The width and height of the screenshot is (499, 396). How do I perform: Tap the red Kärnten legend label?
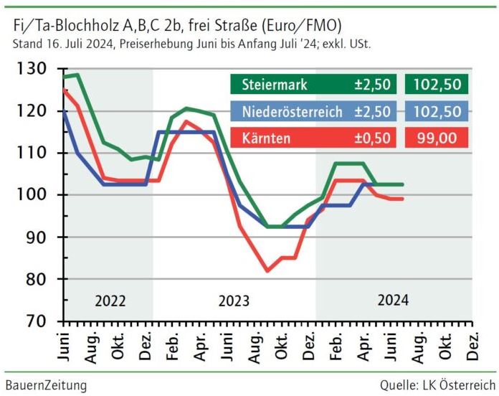click(265, 138)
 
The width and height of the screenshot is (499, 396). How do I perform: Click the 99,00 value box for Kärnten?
click(435, 138)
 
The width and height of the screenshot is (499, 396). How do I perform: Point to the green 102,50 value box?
click(435, 85)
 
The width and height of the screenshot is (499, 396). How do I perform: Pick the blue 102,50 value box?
click(435, 111)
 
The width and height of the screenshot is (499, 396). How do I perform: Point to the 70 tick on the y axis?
click(36, 321)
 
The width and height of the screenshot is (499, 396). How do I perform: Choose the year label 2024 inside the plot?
click(394, 301)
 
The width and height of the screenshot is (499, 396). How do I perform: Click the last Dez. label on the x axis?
click(473, 346)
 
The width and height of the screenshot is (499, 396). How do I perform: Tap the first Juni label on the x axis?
click(64, 346)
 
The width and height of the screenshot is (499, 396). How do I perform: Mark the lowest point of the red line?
click(267, 271)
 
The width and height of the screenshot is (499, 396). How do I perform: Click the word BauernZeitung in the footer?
click(46, 386)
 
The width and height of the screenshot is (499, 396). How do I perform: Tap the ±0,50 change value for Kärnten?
click(372, 138)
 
